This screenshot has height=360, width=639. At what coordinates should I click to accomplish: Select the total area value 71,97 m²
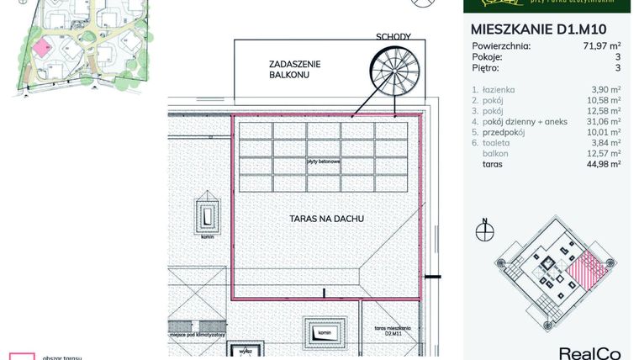point(602,46)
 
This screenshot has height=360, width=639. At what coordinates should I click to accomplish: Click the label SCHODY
point(394,37)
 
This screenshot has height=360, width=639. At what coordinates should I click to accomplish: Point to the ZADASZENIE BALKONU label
point(295,69)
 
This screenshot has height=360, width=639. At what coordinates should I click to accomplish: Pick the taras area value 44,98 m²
point(605,165)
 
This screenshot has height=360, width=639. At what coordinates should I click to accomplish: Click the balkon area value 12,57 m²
point(605,154)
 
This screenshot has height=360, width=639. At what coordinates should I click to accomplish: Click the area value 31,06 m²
point(605,121)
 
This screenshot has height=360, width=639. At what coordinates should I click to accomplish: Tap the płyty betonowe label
point(323,161)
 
